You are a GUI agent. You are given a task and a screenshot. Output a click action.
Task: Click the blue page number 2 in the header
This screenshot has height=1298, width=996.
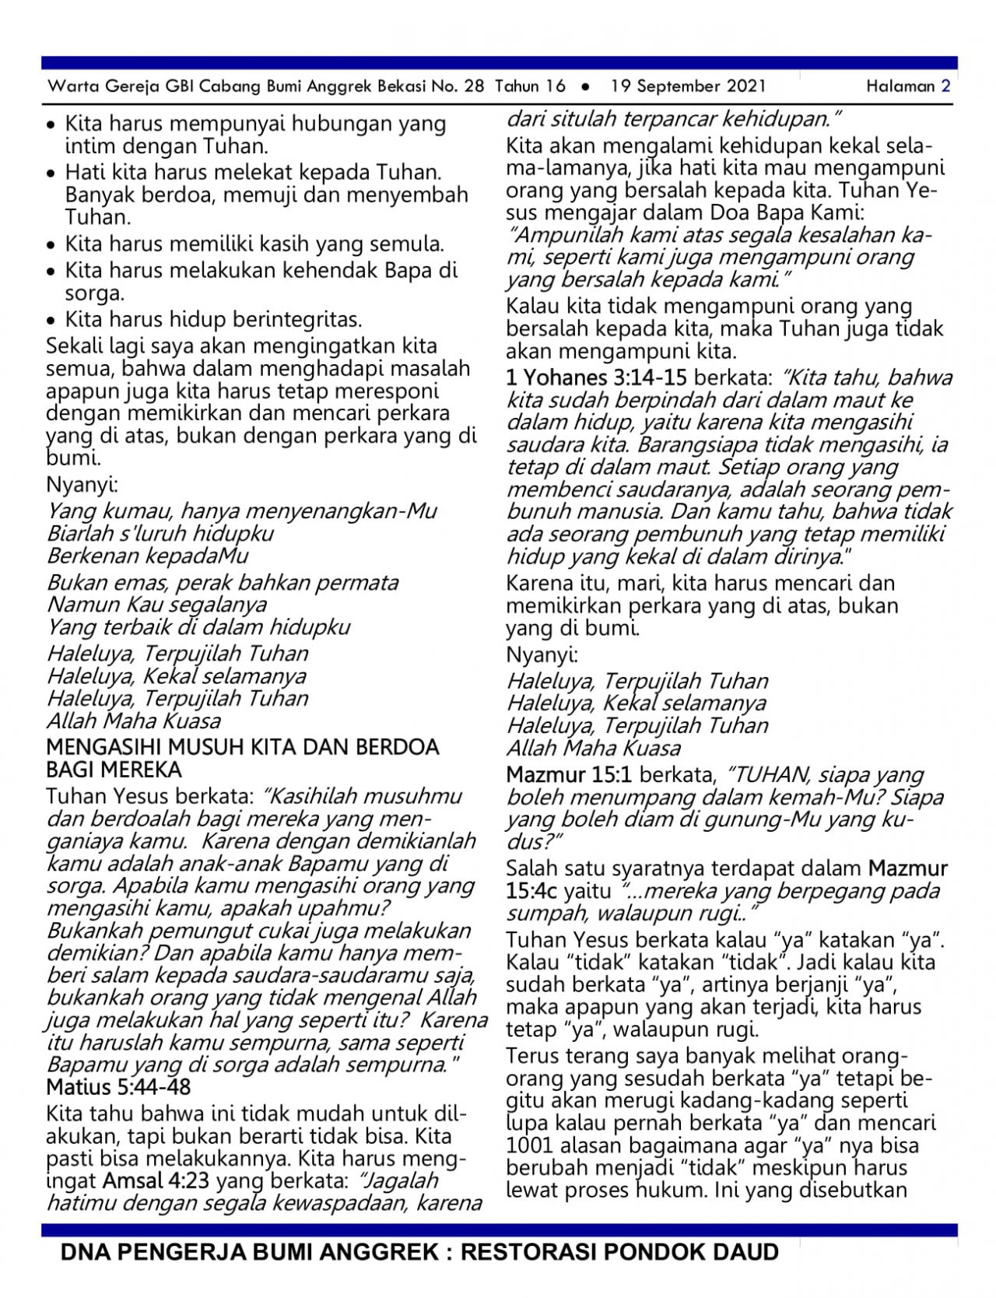pyautogui.click(x=945, y=86)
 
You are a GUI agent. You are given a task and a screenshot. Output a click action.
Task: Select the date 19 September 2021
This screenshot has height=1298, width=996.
pyautogui.click(x=688, y=86)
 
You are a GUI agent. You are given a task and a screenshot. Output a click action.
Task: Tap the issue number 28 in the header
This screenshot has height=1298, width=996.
pyautogui.click(x=474, y=86)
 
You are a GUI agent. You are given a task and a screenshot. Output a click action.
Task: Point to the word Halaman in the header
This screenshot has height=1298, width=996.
pyautogui.click(x=900, y=86)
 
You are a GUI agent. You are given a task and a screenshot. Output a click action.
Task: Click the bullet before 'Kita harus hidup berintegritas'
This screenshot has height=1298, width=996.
pyautogui.click(x=51, y=321)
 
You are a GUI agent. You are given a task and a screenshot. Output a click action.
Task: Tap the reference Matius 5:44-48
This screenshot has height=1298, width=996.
pyautogui.click(x=118, y=1087)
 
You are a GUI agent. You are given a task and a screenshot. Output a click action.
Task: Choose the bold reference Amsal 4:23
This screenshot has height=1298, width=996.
pyautogui.click(x=156, y=1180)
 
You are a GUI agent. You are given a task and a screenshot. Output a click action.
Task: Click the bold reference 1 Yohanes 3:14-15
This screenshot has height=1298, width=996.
pyautogui.click(x=596, y=378)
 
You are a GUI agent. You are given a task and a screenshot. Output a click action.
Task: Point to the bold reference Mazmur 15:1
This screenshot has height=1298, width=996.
pyautogui.click(x=569, y=775)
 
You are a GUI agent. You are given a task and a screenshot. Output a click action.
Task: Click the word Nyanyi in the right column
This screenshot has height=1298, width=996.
pyautogui.click(x=542, y=654)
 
